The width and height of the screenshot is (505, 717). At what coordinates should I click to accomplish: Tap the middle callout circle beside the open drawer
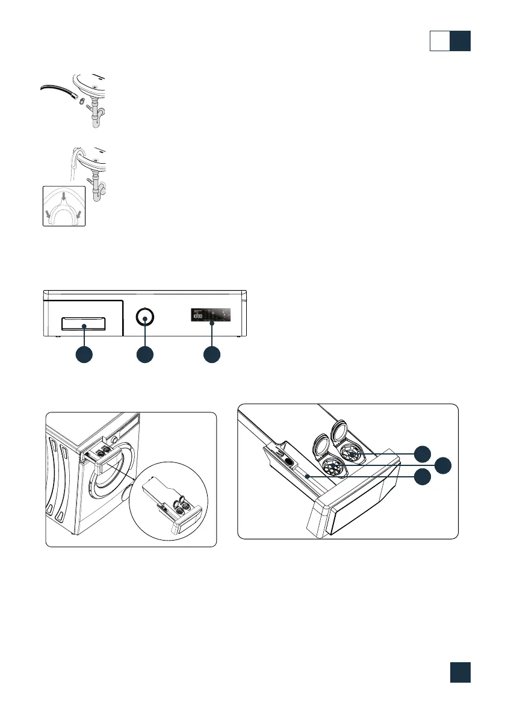pos(444,465)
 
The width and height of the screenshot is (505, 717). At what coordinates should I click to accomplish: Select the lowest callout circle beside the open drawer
pos(425,476)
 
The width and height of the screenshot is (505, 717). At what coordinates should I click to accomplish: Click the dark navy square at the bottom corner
pos(460,673)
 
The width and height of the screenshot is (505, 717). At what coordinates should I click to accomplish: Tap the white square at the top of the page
pos(440,41)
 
